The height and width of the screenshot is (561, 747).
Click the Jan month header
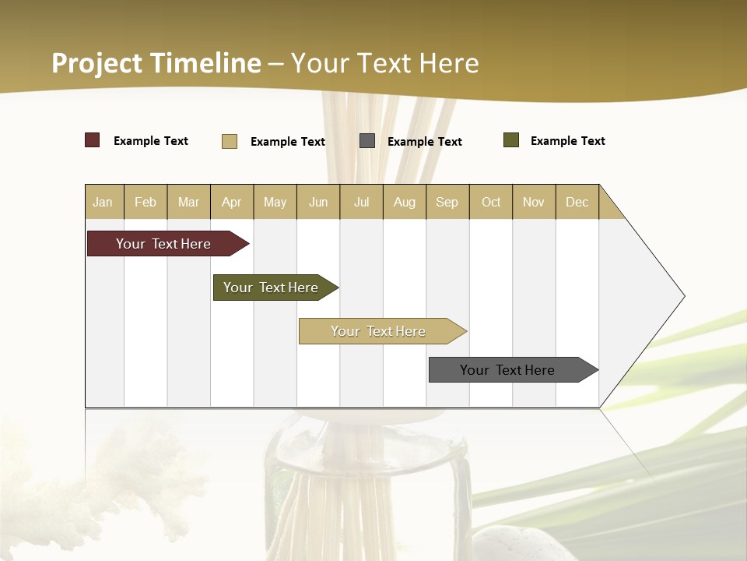click(x=103, y=202)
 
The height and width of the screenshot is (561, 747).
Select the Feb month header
click(x=146, y=202)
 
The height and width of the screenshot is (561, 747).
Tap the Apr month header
click(x=231, y=202)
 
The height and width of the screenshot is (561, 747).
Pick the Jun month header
click(x=318, y=202)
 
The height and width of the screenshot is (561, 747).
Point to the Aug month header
click(x=404, y=202)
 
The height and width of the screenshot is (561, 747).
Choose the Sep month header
click(x=447, y=202)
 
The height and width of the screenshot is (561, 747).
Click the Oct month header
click(x=491, y=202)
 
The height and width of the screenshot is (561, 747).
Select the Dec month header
click(x=577, y=202)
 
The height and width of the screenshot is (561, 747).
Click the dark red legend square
click(x=93, y=140)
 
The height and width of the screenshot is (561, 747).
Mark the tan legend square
click(x=230, y=141)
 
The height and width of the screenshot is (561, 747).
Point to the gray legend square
click(x=367, y=141)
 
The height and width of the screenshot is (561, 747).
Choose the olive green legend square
click(x=511, y=140)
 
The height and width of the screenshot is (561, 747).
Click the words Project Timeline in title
click(x=156, y=63)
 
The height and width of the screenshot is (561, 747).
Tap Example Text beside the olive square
click(x=567, y=141)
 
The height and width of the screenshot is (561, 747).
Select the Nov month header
click(x=533, y=202)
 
